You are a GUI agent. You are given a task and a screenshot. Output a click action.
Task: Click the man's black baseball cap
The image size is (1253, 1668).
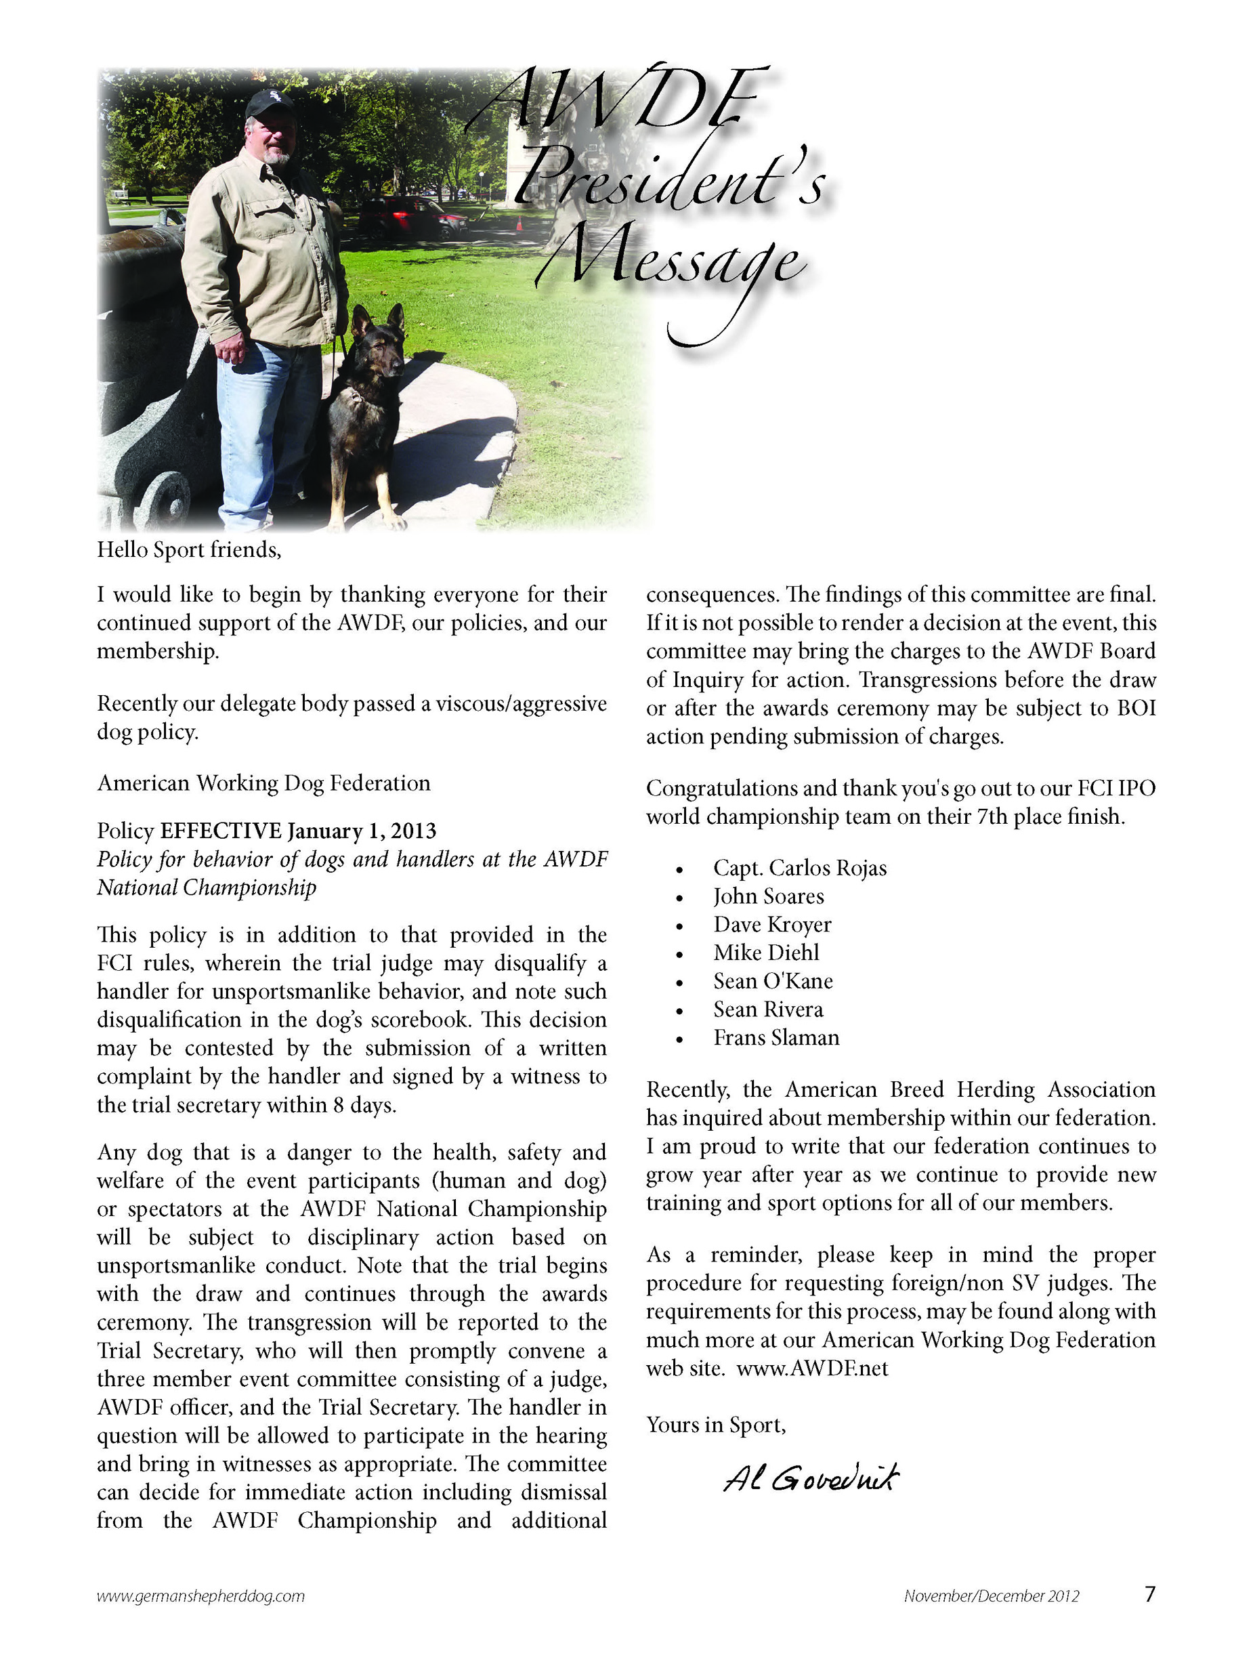coord(269,102)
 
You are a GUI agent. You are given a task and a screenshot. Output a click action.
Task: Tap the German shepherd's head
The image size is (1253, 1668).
coord(380,339)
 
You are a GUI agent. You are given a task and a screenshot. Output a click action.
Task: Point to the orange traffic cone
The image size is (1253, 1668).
coord(519,224)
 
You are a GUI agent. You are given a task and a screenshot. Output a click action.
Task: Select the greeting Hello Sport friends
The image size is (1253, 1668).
coord(188,549)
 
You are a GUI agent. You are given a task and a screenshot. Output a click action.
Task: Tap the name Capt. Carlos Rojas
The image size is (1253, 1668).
coord(799,868)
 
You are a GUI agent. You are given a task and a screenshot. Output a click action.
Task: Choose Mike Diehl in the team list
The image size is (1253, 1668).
coord(765,953)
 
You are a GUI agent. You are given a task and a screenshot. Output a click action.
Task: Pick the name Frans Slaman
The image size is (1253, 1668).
coord(776,1038)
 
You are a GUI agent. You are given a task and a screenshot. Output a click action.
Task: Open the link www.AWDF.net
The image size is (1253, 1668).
coord(812,1369)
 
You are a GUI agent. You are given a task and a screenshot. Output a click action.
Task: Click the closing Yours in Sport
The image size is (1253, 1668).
coord(715,1425)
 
